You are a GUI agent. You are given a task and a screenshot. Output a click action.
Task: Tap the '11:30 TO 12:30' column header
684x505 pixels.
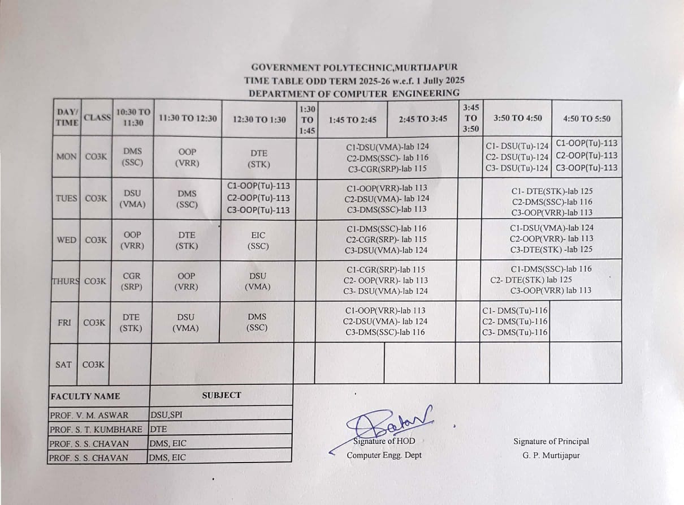[x=188, y=118]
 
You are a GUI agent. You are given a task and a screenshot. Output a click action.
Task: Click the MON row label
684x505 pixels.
[x=67, y=156]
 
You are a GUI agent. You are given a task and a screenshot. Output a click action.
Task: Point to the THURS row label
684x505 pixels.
[x=66, y=281]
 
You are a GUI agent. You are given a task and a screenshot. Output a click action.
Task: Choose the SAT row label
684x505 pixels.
[x=63, y=365]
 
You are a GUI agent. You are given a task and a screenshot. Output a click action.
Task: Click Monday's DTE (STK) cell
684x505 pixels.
[x=258, y=159]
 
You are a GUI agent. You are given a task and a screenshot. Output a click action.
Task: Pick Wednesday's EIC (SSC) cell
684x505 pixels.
[x=258, y=241]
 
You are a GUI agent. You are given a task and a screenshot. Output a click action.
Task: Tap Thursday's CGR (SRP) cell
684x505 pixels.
[x=132, y=281]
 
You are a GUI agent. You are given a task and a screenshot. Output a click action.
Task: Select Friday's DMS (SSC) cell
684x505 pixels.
[x=257, y=322]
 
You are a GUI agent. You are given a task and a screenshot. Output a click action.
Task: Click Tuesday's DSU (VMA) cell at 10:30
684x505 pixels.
[x=132, y=199]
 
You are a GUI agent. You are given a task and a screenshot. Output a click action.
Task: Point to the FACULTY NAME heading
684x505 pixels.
[x=85, y=396]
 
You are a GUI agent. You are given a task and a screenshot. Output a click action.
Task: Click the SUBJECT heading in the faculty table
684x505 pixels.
[x=222, y=395]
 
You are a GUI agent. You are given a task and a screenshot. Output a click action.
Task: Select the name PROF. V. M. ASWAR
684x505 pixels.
[x=89, y=415]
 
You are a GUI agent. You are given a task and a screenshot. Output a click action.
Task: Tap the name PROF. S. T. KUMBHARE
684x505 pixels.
[x=96, y=430]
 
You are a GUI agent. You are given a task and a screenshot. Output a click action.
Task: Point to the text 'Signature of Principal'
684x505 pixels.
[x=551, y=441]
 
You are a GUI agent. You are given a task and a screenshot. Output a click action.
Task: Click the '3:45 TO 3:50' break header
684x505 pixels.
[x=471, y=118]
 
